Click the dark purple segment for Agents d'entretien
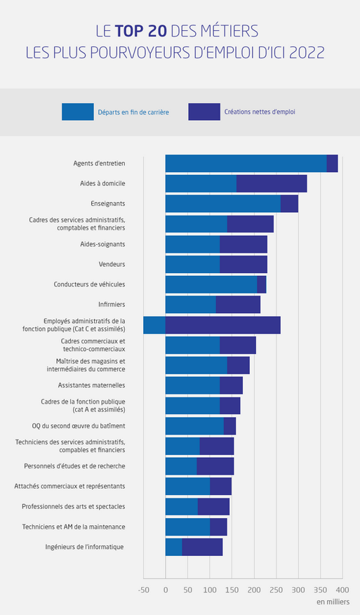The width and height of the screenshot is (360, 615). pyautogui.click(x=332, y=163)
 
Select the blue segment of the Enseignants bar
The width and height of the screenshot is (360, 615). pyautogui.click(x=222, y=204)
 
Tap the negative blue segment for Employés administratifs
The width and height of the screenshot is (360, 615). pyautogui.click(x=154, y=325)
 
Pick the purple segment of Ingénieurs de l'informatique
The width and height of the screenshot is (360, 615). pyautogui.click(x=202, y=547)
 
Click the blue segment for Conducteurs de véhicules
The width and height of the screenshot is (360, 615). pyautogui.click(x=211, y=284)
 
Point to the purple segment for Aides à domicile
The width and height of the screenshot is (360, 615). pyautogui.click(x=272, y=183)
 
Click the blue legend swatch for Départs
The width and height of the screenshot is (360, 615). pyautogui.click(x=78, y=112)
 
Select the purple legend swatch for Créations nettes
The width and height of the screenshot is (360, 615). pyautogui.click(x=204, y=112)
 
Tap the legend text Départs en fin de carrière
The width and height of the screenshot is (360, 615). pyautogui.click(x=133, y=112)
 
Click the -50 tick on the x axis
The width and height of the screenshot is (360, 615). pyautogui.click(x=144, y=590)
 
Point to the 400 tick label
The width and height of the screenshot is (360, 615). pyautogui.click(x=342, y=590)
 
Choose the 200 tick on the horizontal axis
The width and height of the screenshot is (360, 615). pyautogui.click(x=254, y=590)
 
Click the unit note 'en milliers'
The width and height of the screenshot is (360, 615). pyautogui.click(x=333, y=602)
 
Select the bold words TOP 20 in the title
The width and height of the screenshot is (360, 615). pyautogui.click(x=141, y=32)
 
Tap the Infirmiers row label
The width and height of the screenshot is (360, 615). pyautogui.click(x=112, y=305)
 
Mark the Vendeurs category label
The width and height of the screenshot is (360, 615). pyautogui.click(x=112, y=264)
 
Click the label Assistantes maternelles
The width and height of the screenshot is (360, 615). pyautogui.click(x=92, y=385)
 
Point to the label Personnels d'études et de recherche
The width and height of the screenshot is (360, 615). pyautogui.click(x=74, y=466)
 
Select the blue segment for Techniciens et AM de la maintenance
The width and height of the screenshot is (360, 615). pyautogui.click(x=187, y=527)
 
